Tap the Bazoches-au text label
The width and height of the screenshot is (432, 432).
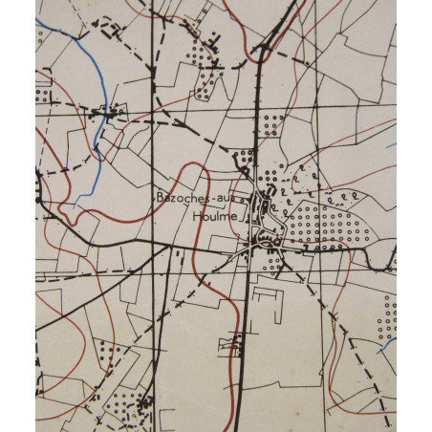[196, 199]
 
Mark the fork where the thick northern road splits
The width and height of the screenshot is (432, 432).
[261, 55]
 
